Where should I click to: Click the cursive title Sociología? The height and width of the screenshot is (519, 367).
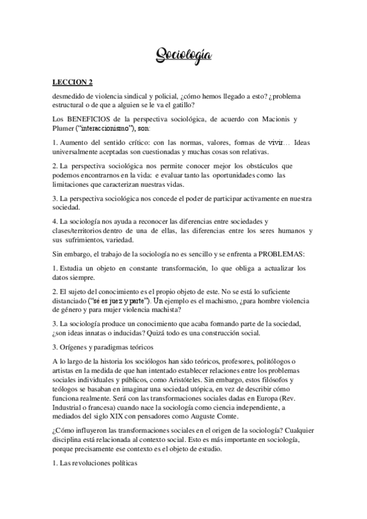click(184, 56)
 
